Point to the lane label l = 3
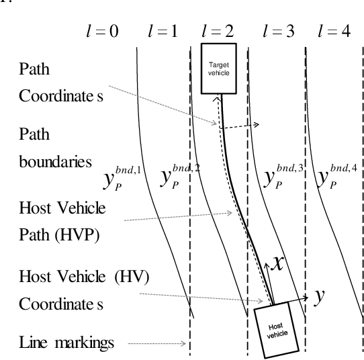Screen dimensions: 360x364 (277, 32)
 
